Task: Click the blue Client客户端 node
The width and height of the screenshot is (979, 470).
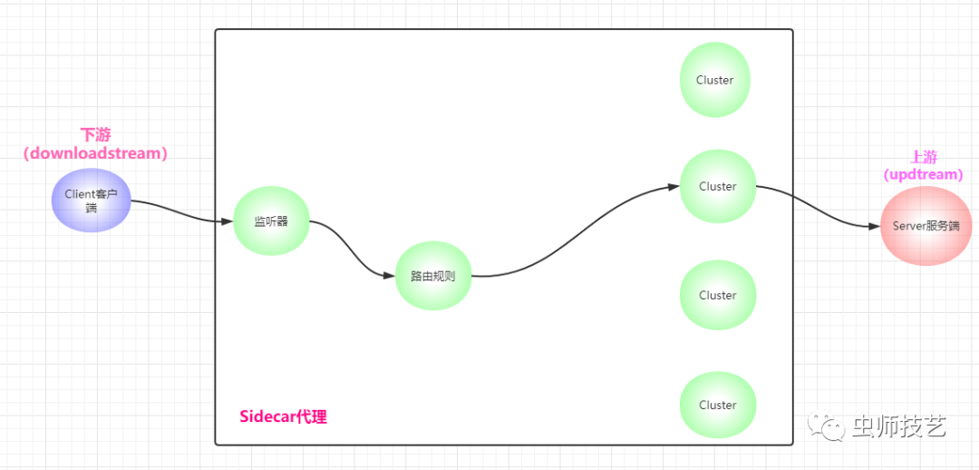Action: pos(92,201)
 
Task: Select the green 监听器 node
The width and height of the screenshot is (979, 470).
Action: pos(271,220)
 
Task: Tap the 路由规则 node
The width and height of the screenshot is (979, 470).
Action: pos(433,275)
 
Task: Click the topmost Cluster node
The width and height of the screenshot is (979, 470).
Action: pos(715,80)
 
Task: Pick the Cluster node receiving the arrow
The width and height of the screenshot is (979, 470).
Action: pos(717,187)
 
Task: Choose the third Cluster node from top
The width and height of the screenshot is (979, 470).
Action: pos(717,295)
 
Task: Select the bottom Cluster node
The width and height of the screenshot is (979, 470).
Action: pos(717,405)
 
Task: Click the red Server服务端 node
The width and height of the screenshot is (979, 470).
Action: pos(926,226)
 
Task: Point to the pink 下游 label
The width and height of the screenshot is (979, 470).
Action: pos(95,134)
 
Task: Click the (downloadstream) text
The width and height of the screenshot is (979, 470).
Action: pos(95,153)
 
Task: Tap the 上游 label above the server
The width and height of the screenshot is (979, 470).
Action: pos(924,156)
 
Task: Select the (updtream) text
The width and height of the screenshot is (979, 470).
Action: pos(924,173)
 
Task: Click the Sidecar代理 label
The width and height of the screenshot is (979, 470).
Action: pos(283,416)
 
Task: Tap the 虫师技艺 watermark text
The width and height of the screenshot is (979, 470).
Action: pos(898,426)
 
